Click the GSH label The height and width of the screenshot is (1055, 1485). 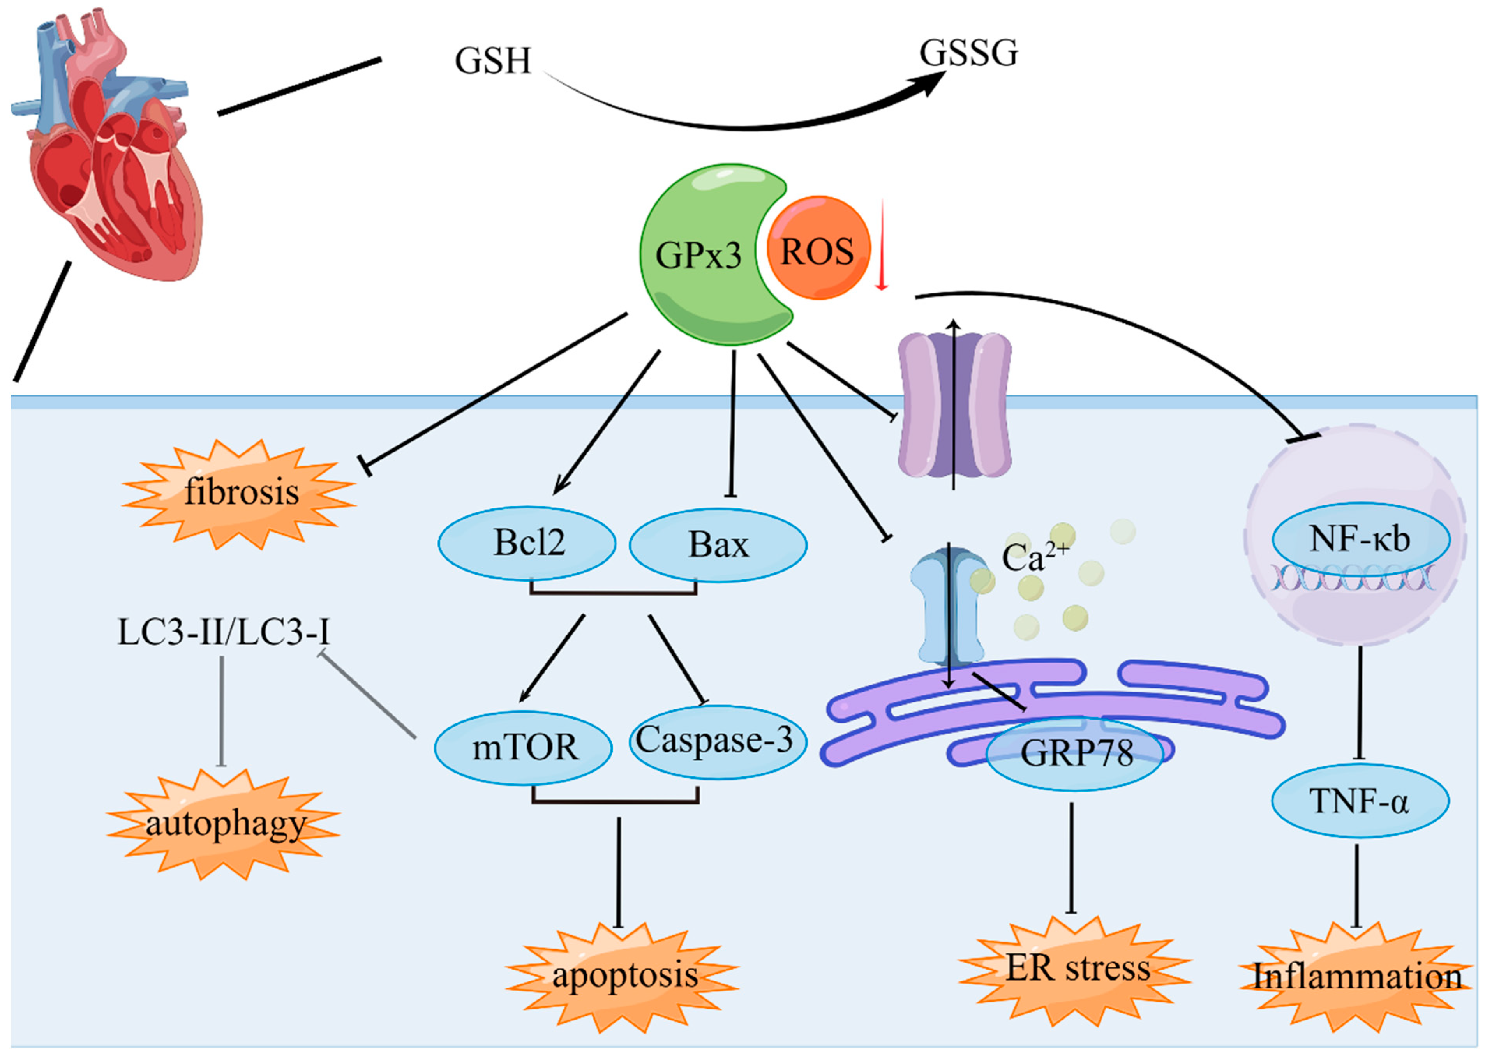(x=492, y=62)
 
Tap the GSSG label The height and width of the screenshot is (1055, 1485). (x=968, y=53)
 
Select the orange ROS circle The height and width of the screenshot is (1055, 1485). (x=818, y=249)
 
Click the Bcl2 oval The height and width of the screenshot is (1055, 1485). (x=527, y=543)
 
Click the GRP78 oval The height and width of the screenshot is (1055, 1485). (x=1075, y=753)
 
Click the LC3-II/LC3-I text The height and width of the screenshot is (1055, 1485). (x=223, y=632)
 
